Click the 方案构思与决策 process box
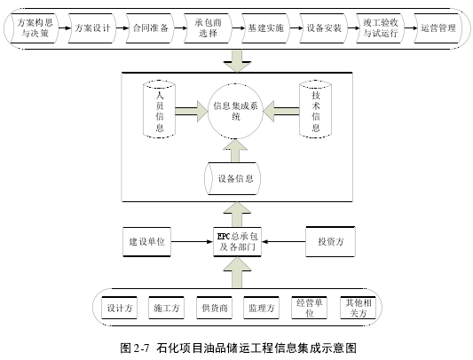point(35,28)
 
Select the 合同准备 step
point(150,28)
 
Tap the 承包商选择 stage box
point(208,28)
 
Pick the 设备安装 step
point(323,28)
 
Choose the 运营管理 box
point(438,28)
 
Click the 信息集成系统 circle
point(235,111)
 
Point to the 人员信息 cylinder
point(159,109)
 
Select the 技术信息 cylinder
point(316,109)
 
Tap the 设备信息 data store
point(233,178)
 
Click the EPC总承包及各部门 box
point(237,242)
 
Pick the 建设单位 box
point(147,242)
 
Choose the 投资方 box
point(330,241)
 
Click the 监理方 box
point(261,308)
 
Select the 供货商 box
point(214,308)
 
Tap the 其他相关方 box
point(358,308)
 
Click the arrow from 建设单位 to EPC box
point(193,241)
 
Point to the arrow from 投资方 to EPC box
point(284,241)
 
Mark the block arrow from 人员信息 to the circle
point(192,111)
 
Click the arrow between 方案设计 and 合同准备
point(122,28)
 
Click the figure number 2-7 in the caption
point(141,348)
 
